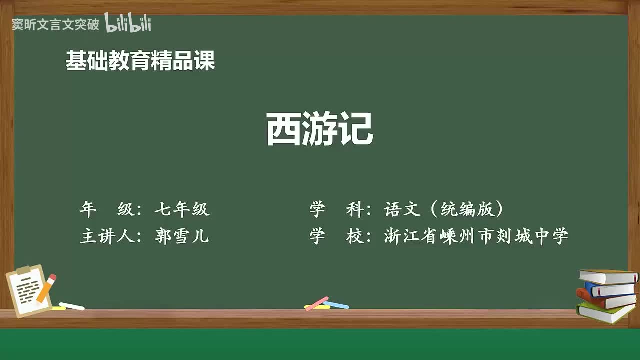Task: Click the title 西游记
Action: point(319,129)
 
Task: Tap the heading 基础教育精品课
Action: point(140,61)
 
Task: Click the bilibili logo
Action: point(128,23)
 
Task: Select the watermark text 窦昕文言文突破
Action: point(55,24)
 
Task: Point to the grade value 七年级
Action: point(182,209)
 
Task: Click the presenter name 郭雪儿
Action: point(182,236)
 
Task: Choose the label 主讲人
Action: point(107,236)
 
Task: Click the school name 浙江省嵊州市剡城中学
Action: point(476,236)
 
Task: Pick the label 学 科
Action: point(336,209)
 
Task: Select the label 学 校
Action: point(336,236)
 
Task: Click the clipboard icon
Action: point(28,291)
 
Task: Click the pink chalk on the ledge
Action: point(316,303)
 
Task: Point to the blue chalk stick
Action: point(336,304)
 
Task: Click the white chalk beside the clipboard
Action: point(72,306)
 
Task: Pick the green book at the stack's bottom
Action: point(605,312)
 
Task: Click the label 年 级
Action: point(107,209)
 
